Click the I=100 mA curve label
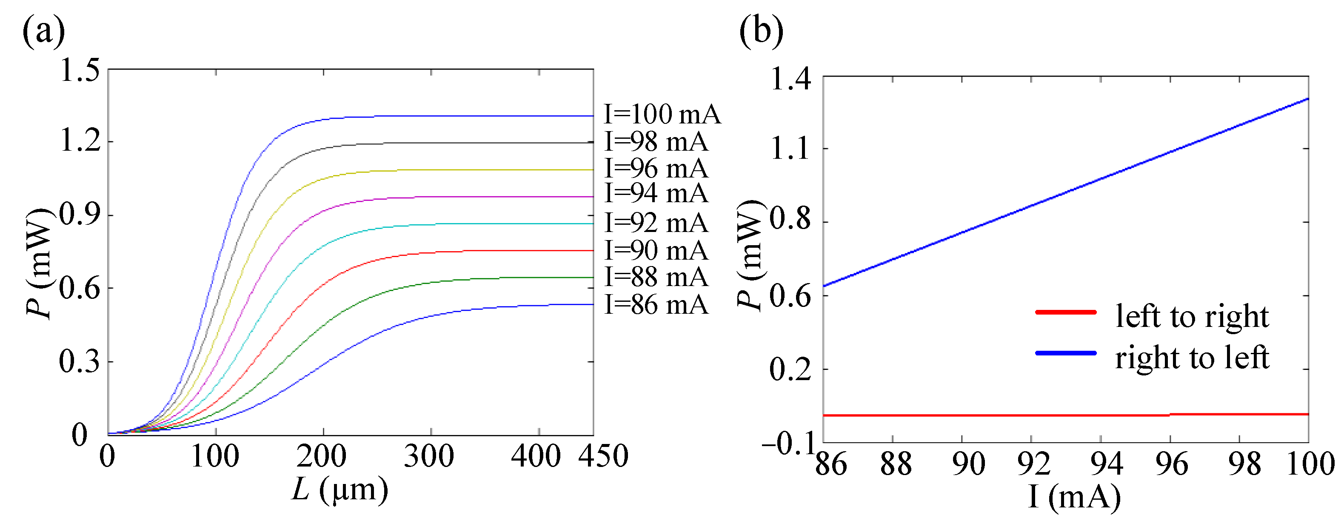(x=662, y=115)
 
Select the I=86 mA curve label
(x=656, y=305)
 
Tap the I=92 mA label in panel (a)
(x=656, y=223)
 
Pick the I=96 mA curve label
(x=656, y=169)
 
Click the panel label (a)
(x=43, y=31)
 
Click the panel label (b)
(x=761, y=31)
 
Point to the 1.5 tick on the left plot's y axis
(x=79, y=71)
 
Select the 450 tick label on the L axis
(x=603, y=456)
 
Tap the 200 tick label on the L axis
(x=321, y=456)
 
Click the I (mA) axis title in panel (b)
(x=1074, y=497)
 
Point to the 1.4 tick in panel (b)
(x=790, y=80)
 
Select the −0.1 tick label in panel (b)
(x=788, y=445)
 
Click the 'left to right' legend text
(x=1192, y=317)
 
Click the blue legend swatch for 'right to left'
(x=1066, y=353)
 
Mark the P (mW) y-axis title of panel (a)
(x=39, y=263)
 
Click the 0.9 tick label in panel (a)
(x=79, y=215)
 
